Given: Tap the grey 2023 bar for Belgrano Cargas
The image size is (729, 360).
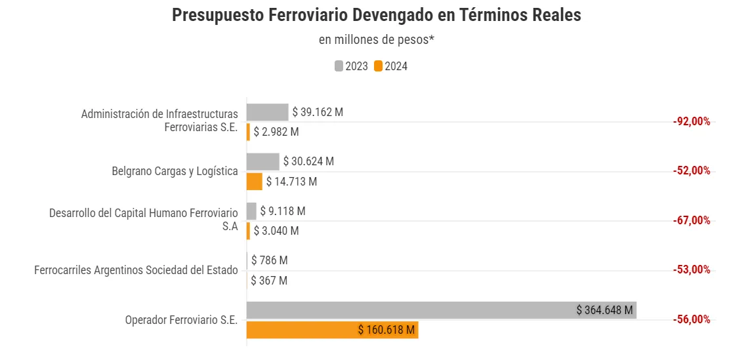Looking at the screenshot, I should coord(262,161).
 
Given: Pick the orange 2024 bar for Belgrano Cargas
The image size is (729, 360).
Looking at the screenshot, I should coord(254,182).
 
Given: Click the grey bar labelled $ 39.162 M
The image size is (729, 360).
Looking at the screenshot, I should coord(267,112).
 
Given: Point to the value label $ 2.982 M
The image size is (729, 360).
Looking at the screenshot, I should coord(276,132).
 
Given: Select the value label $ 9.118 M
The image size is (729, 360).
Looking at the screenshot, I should coord(283,211).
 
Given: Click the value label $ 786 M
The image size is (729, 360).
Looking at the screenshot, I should coord(269,260).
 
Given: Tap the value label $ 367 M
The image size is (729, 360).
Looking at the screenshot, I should coord(269,281).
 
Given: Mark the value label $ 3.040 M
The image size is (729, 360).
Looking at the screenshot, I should coord(276,231).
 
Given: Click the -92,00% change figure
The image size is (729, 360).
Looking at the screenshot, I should coord(692,121).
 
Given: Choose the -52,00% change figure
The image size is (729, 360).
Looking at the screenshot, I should coord(692,170).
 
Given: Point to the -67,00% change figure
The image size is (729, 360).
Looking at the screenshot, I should coord(692,220).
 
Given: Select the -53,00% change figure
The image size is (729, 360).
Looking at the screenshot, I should coord(692,270).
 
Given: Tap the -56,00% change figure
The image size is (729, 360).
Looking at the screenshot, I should coord(692,319).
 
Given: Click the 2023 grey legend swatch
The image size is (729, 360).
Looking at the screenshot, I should coord(339,66).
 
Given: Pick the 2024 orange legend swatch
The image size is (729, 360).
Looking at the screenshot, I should coord(379,66).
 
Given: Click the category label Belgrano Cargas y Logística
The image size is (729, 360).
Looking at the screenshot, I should coord(175,171).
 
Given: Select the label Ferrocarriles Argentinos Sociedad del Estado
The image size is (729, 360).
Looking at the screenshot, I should coord(136,270).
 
